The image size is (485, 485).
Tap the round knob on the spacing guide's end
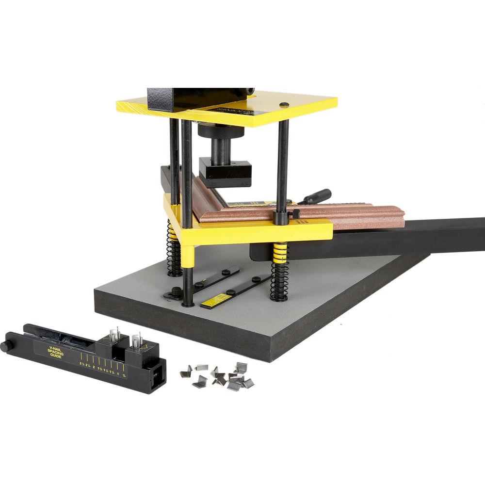click(x=6, y=347)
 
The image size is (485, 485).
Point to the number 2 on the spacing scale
click(x=94, y=363)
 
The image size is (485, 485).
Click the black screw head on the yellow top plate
click(x=285, y=104)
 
